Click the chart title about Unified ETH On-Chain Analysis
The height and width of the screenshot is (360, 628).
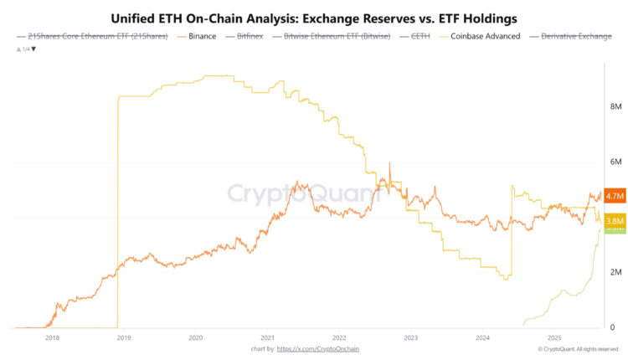point(314,17)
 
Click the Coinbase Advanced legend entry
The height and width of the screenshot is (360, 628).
point(485,37)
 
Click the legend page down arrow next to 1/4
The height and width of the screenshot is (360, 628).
point(33,49)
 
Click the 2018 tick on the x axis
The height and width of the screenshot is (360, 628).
point(52,338)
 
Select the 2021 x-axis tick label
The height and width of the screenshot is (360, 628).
point(268,338)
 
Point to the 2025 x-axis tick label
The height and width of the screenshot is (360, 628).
point(554,338)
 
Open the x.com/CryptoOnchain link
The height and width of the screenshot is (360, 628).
point(317,348)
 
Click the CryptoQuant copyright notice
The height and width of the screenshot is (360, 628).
point(579,348)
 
